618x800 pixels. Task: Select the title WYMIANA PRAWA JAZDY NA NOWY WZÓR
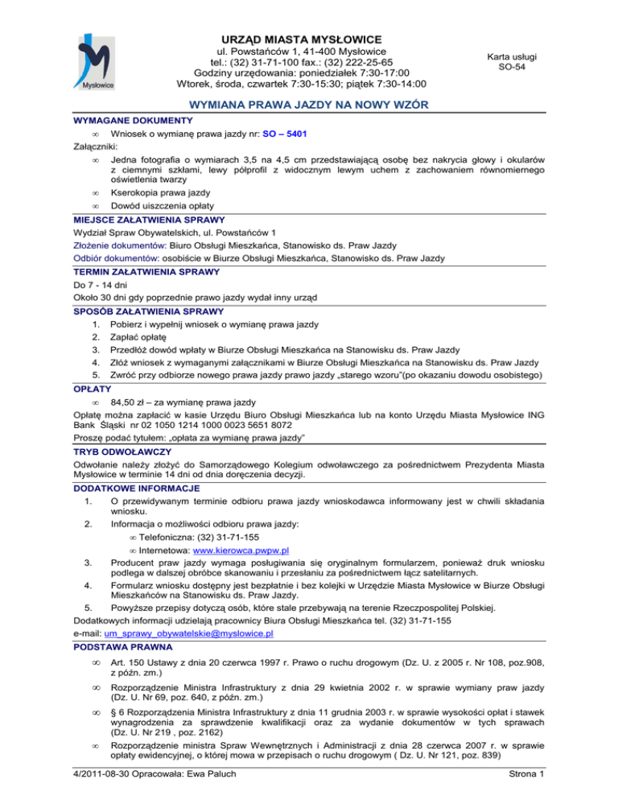pyautogui.click(x=309, y=105)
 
